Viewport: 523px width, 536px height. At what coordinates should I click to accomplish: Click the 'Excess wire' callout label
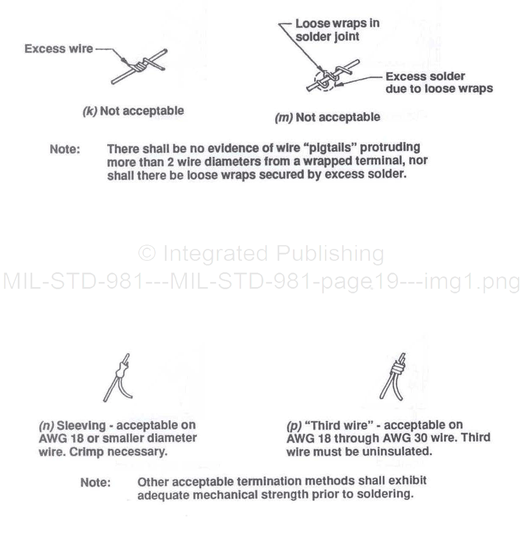(59, 49)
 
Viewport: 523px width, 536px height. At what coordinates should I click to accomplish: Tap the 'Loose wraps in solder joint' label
(337, 30)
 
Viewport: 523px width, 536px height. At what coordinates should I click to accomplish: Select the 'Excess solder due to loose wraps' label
(439, 83)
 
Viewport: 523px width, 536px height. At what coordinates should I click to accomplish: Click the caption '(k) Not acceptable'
(133, 111)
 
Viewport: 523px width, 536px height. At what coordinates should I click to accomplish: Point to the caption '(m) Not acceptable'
(327, 117)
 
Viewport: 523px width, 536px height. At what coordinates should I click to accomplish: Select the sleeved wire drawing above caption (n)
(118, 378)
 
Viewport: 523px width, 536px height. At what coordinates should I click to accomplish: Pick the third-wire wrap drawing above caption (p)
(393, 376)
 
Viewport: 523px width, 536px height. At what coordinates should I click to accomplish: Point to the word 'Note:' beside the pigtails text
(65, 149)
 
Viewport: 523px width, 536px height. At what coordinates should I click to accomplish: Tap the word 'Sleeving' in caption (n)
(81, 425)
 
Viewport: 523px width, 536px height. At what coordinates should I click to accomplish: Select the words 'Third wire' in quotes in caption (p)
(339, 425)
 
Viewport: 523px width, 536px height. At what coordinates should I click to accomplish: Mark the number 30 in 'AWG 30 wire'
(421, 438)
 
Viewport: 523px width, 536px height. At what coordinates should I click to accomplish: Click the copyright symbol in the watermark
(147, 253)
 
